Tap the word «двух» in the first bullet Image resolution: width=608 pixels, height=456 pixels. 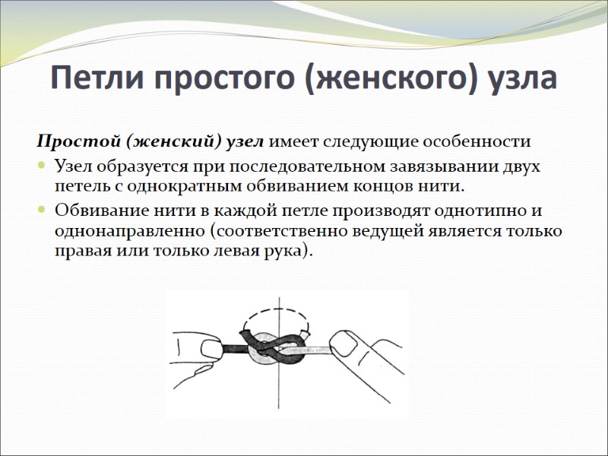(x=523, y=166)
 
